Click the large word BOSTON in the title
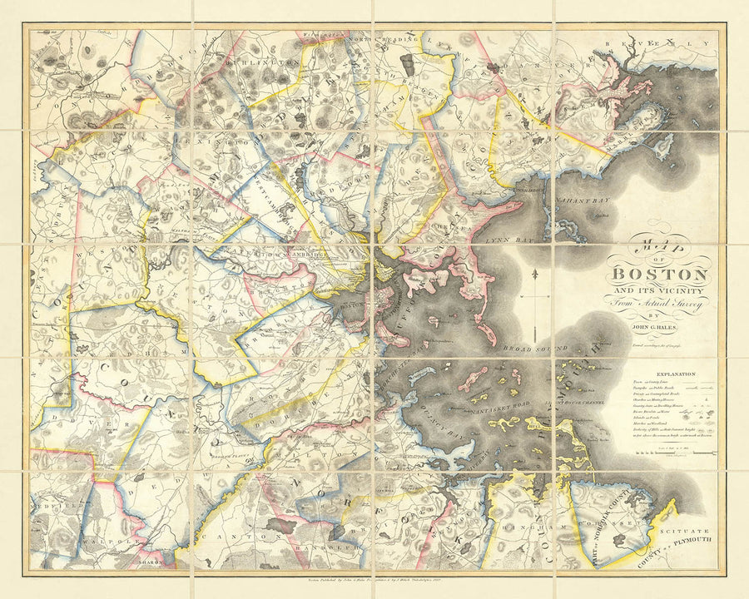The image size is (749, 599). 660,275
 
